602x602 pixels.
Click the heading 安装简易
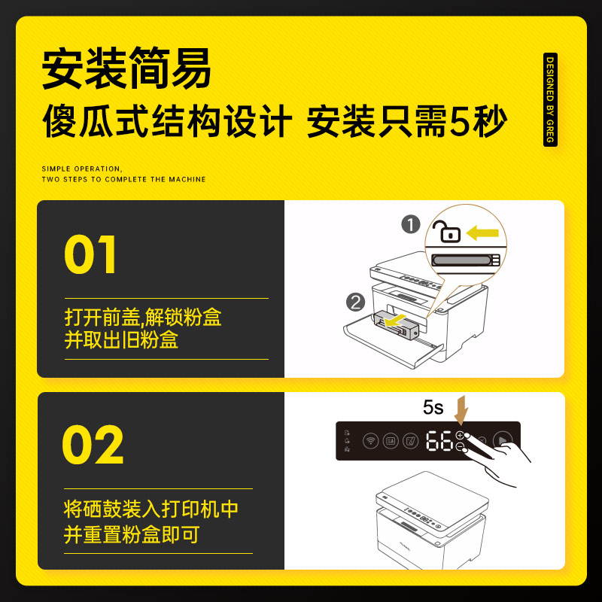126,70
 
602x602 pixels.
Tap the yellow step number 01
90,255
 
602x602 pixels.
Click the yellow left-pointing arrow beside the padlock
482,233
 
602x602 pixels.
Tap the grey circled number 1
410,223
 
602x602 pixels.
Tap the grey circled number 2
355,303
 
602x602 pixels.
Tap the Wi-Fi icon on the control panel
370,441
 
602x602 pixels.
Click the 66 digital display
438,441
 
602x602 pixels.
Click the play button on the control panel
501,440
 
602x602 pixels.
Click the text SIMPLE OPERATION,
81,169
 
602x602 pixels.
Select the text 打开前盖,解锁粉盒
143,317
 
